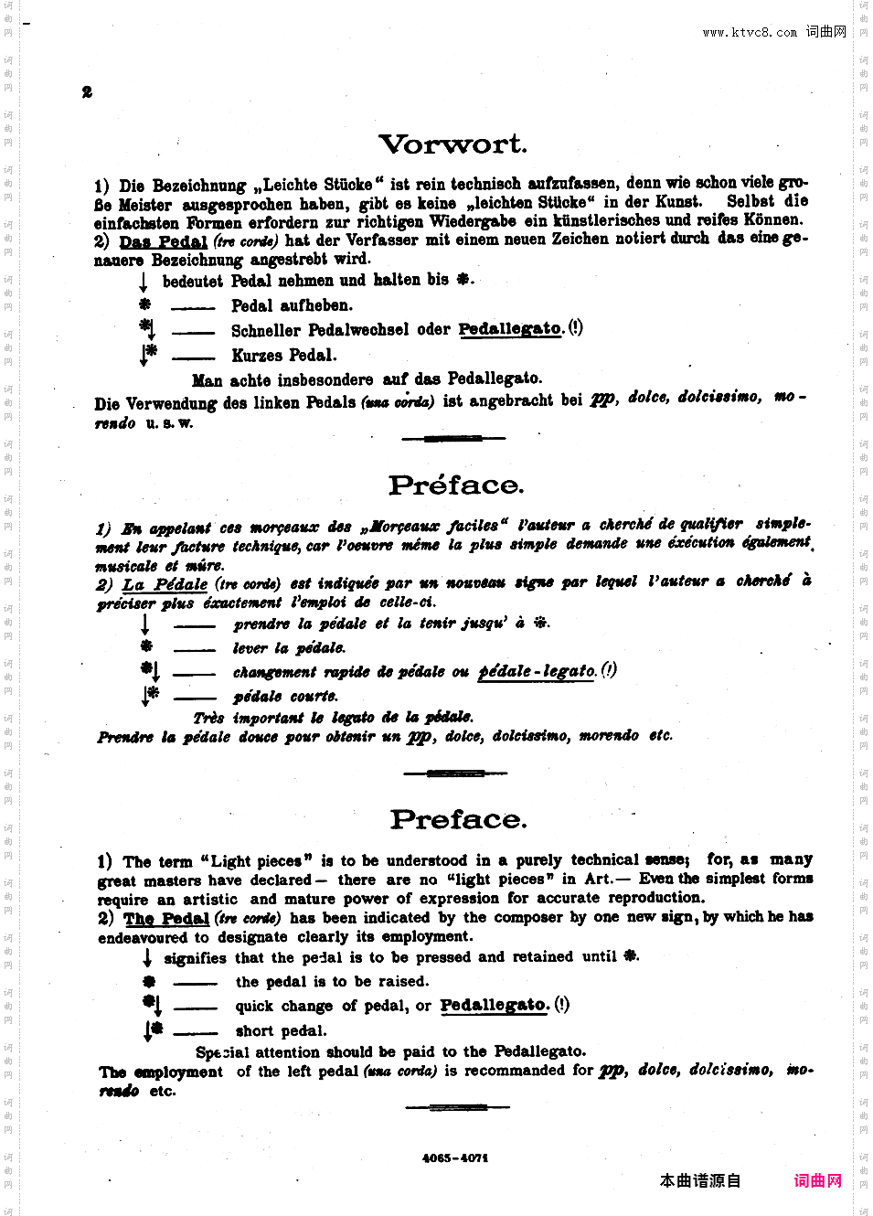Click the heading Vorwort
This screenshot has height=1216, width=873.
tap(452, 144)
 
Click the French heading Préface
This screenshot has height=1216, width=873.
tap(456, 485)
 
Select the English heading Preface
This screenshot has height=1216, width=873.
tap(458, 820)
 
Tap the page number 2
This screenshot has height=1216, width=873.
tap(87, 91)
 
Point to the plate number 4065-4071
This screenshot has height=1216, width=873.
tap(455, 1157)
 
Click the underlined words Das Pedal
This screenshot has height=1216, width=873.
tap(164, 241)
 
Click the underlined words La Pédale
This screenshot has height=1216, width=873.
tap(165, 584)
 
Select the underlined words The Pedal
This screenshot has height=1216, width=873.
tap(166, 919)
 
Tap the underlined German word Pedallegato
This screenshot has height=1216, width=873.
tap(510, 329)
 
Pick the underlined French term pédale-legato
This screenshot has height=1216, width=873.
tap(538, 671)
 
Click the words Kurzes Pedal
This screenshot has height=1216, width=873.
tap(283, 356)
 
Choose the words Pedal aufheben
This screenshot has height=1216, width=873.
tap(291, 305)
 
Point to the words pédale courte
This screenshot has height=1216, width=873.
tap(285, 697)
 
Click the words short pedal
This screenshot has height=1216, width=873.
tap(281, 1031)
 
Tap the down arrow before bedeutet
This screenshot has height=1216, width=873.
tap(144, 281)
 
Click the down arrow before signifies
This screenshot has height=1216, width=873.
tap(146, 958)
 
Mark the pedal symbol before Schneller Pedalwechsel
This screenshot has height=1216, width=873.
tap(147, 327)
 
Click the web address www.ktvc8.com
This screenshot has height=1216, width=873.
tap(749, 32)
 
